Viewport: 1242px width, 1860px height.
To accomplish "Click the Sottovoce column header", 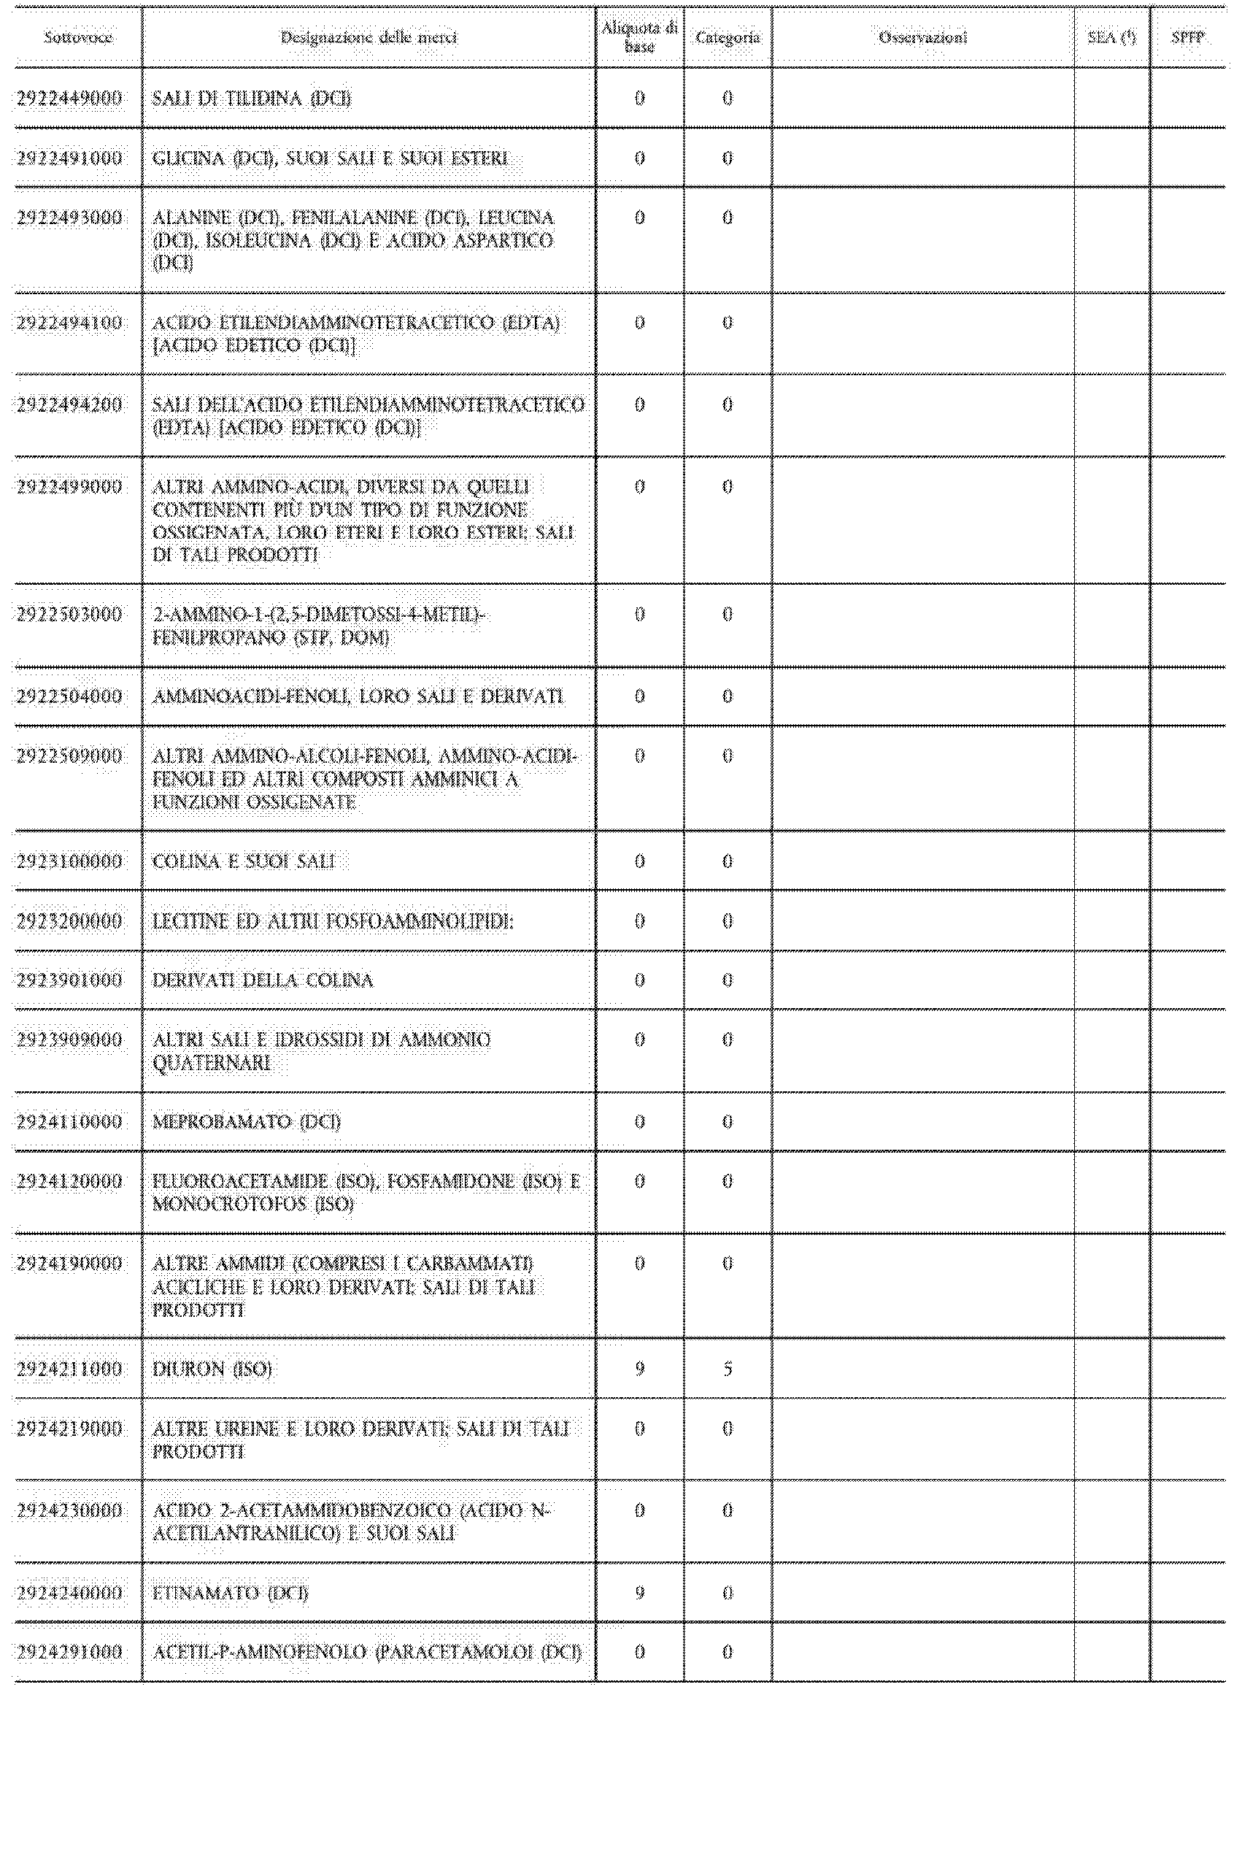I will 77,37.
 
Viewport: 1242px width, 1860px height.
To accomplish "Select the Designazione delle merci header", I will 369,37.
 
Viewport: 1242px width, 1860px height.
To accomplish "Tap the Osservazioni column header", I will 923,37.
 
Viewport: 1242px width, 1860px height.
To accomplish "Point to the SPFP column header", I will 1187,37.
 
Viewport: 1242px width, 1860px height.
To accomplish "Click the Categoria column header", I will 727,37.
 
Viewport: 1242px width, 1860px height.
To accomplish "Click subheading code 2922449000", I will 70,99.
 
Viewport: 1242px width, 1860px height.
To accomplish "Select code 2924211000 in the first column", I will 70,1369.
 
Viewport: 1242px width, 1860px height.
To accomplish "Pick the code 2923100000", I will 70,861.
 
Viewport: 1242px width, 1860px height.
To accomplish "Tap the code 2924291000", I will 70,1652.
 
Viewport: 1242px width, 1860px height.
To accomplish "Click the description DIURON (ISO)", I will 212,1369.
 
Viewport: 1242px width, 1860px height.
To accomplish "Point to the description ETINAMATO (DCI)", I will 230,1592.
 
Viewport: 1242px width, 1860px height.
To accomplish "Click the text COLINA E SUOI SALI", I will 243,861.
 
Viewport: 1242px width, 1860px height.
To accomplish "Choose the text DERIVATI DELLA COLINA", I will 262,980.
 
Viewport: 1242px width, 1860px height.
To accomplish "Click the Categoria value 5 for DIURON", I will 727,1369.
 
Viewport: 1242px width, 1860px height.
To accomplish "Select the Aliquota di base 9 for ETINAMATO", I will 639,1592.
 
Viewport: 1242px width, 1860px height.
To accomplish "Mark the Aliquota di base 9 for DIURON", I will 639,1369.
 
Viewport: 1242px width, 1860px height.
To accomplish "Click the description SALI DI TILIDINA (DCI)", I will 251,99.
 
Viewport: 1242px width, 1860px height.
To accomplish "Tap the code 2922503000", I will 70,614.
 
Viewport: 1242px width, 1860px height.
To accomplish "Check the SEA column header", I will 1111,37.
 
